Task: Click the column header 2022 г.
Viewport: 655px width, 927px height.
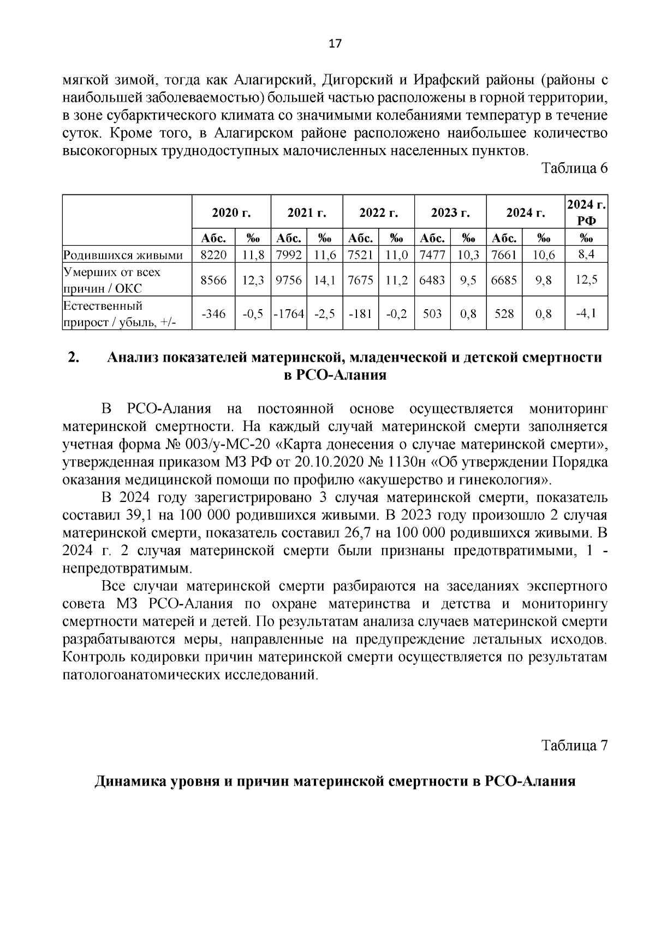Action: tap(378, 212)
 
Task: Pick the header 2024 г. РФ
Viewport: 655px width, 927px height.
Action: tap(586, 212)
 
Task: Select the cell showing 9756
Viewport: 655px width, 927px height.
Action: tap(289, 280)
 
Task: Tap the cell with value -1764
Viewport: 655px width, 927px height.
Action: tap(289, 314)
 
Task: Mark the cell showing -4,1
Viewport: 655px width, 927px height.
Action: tap(586, 314)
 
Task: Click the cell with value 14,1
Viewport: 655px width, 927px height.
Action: tap(325, 280)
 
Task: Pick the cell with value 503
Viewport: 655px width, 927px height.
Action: tap(432, 314)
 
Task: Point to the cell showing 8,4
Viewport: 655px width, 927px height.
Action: tap(586, 254)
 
